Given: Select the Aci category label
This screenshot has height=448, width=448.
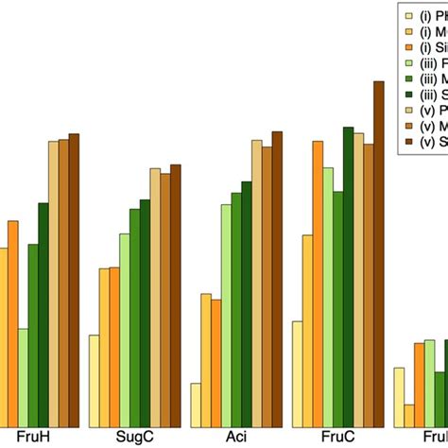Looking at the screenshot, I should point(232,438).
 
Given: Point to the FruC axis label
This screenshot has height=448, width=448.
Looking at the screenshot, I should point(334,438).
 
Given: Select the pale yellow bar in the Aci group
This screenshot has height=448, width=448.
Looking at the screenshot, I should point(196,405).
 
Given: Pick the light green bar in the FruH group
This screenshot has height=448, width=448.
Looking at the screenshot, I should point(23,378).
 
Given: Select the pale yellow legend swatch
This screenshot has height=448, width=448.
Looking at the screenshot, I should point(407,15).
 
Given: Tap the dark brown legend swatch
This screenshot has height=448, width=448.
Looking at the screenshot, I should point(407,143).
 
